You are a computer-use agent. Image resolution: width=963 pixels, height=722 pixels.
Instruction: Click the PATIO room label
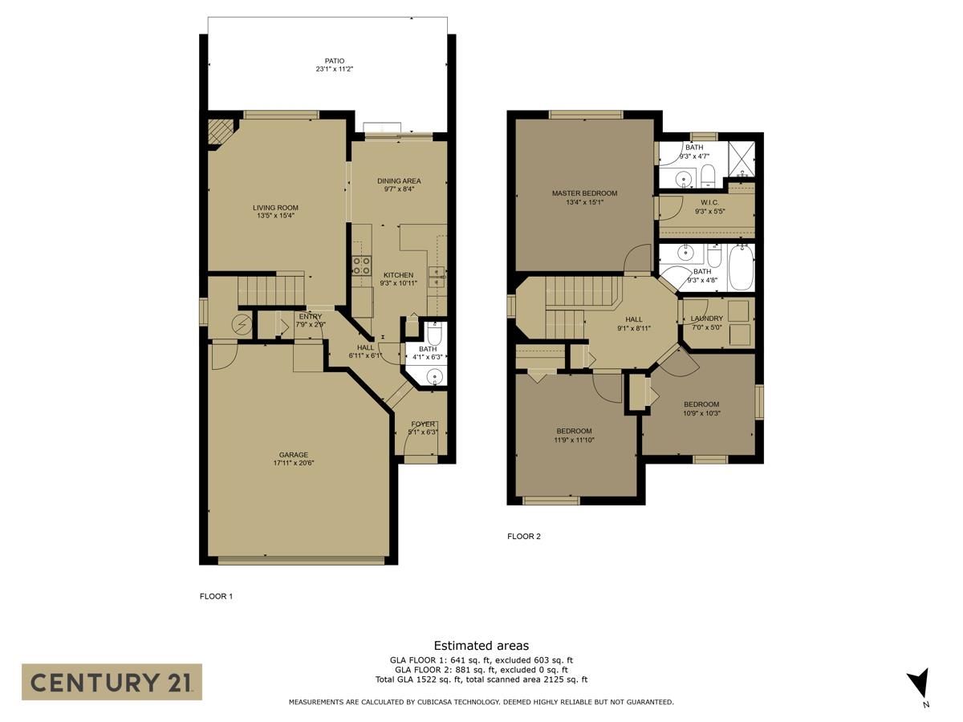click(335, 61)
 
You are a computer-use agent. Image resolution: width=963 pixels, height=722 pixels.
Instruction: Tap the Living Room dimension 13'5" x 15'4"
click(275, 216)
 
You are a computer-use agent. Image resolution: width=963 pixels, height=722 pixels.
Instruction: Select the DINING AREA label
click(399, 181)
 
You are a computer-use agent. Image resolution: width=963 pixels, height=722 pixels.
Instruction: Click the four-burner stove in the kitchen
click(361, 266)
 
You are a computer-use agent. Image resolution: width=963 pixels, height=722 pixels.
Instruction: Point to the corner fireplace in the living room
click(220, 132)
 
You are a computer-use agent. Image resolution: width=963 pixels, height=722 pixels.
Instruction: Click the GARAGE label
click(294, 455)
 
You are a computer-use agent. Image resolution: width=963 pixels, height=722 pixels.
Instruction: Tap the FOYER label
click(423, 424)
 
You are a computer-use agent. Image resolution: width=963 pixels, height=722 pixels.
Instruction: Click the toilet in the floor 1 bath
click(434, 334)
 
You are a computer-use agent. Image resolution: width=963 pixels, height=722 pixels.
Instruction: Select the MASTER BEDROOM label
click(584, 193)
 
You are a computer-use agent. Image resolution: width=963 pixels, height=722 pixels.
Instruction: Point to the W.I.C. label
click(710, 202)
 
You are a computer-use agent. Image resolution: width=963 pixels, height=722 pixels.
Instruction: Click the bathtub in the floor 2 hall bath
click(742, 268)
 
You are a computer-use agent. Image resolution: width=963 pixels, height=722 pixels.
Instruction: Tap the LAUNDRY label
click(706, 318)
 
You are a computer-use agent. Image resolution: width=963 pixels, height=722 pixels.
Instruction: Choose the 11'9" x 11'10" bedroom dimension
click(574, 440)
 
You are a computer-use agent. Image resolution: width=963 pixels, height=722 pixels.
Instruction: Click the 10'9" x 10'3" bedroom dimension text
click(701, 413)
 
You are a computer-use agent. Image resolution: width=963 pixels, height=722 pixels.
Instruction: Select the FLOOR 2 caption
click(524, 536)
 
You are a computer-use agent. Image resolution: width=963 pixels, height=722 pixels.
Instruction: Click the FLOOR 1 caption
click(216, 596)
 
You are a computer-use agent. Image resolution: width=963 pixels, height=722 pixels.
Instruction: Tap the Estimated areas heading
click(481, 646)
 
